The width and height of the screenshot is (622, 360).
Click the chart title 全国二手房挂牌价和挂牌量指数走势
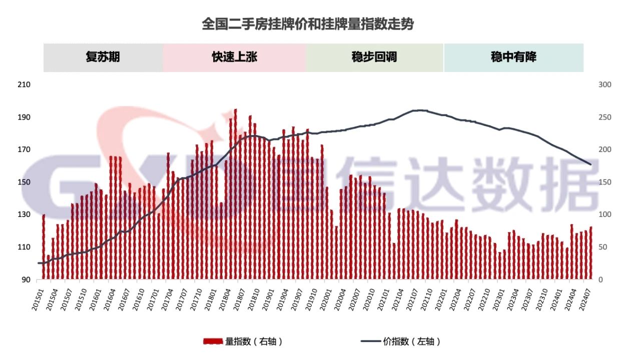point(308,23)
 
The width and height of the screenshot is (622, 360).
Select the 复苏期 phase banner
point(103,57)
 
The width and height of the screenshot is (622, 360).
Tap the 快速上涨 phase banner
point(234,57)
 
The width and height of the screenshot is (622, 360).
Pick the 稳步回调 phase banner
point(374,57)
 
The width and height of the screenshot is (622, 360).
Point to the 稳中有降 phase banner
point(513,57)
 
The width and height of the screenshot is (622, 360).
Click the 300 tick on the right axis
point(604,85)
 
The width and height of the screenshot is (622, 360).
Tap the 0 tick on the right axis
point(600,280)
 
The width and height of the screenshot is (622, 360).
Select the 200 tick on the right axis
point(604,150)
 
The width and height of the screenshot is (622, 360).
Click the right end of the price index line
point(590,164)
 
